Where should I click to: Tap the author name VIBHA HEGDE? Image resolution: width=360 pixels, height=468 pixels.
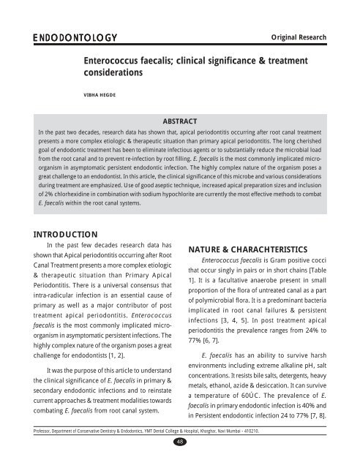(103, 94)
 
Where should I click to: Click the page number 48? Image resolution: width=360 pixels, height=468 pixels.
(180, 461)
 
